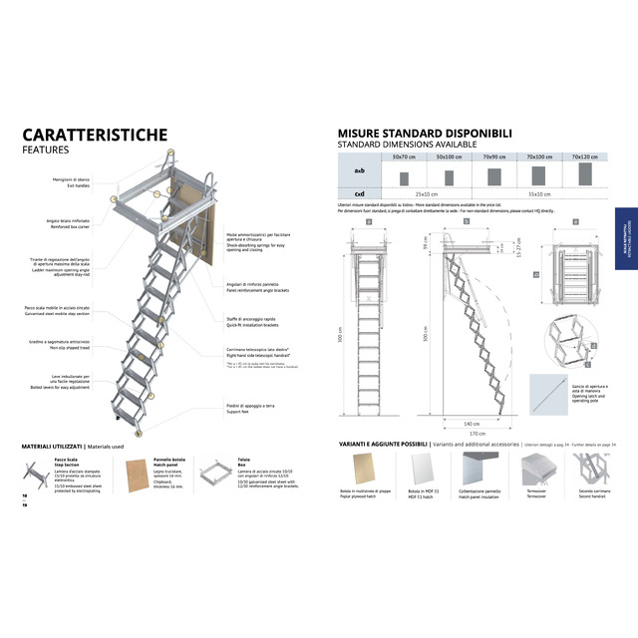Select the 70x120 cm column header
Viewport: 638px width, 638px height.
point(584,157)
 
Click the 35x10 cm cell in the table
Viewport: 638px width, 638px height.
point(539,194)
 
